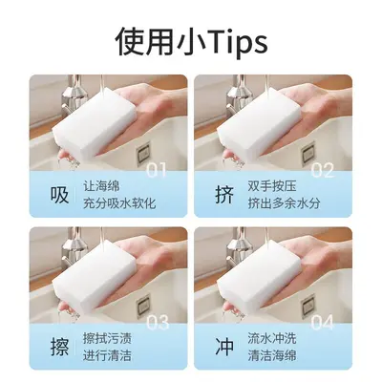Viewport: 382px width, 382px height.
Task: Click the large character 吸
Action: tap(59, 195)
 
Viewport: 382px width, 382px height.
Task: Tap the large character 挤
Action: tap(224, 195)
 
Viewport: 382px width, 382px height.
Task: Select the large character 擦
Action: tap(59, 347)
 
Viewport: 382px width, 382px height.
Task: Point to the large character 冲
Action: tap(224, 347)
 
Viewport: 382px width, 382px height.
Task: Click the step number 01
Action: tap(156, 170)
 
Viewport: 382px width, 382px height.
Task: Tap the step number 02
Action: tap(322, 170)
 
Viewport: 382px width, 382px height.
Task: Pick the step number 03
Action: tap(157, 323)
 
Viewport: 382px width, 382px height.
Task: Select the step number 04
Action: tap(322, 323)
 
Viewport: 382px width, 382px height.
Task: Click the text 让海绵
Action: tap(101, 186)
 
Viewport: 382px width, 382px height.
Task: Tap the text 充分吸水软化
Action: tap(119, 203)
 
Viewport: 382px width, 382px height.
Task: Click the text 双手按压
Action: tap(272, 186)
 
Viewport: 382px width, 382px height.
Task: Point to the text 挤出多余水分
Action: tap(284, 203)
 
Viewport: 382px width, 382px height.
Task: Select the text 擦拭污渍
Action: tap(107, 338)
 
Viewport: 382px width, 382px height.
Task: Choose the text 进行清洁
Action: tap(107, 355)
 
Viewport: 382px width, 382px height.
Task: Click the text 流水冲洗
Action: tap(272, 338)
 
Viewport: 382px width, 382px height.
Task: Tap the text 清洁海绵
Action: tap(272, 355)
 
